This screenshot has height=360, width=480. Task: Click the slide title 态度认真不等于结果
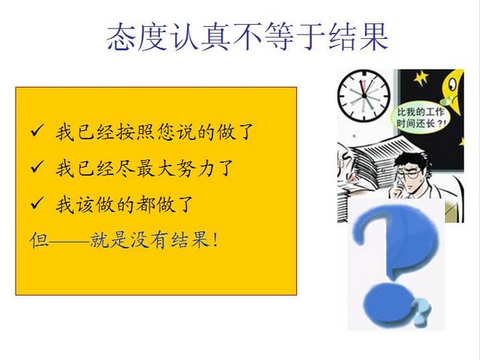coord(247,37)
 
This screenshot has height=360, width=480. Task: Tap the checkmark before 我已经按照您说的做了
coord(37,130)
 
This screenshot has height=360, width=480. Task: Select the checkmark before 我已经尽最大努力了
coord(37,167)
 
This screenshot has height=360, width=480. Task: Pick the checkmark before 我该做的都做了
coord(37,203)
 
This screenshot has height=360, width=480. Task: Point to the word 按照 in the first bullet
coord(136,132)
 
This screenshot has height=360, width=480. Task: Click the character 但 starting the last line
coord(39,240)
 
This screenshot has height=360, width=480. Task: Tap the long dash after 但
coord(70,242)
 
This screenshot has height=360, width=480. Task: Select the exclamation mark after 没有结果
coord(215,240)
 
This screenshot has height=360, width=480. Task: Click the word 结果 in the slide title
coord(358,37)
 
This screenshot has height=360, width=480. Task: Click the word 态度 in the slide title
coord(137,37)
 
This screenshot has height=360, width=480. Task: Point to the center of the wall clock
coord(364,96)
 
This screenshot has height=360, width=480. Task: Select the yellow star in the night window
coord(421,78)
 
